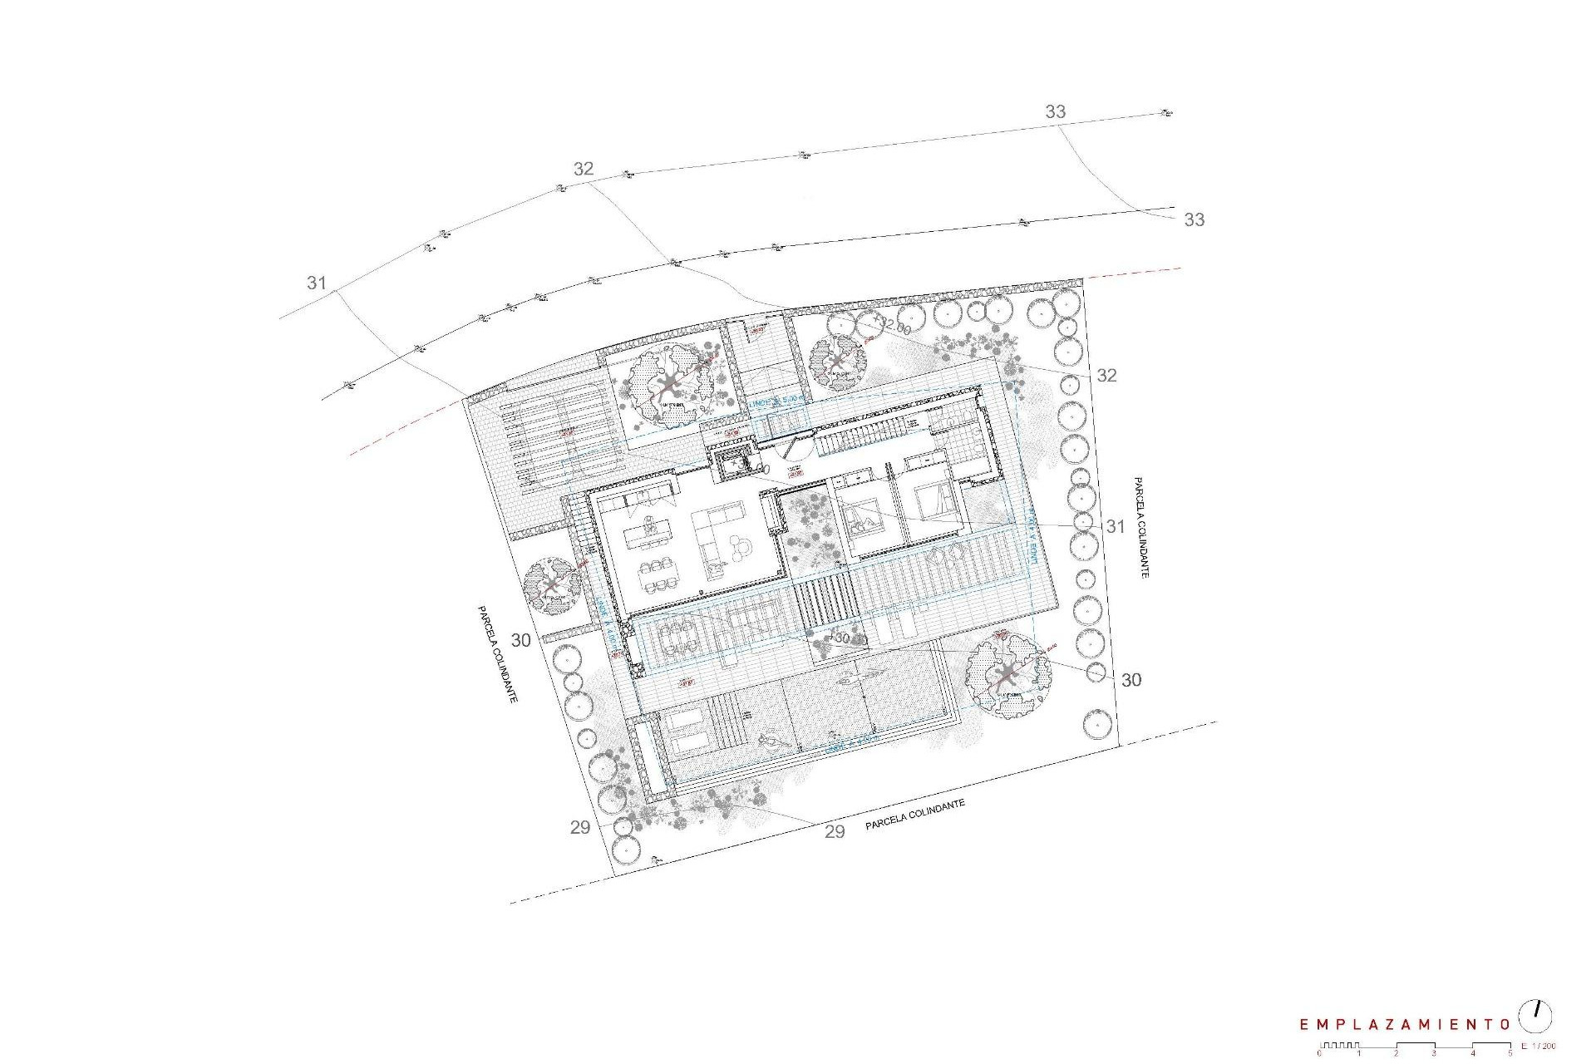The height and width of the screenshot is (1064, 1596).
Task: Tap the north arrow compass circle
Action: click(1535, 1017)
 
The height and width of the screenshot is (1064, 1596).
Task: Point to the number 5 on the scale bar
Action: click(1510, 1053)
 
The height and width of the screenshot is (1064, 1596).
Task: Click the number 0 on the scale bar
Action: click(1319, 1053)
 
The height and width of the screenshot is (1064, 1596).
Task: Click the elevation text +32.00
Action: click(889, 327)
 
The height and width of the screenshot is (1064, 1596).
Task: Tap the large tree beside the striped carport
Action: click(669, 385)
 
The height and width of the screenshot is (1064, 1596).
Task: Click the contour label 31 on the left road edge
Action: click(317, 283)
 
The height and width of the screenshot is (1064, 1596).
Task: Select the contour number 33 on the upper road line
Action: click(1055, 111)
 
